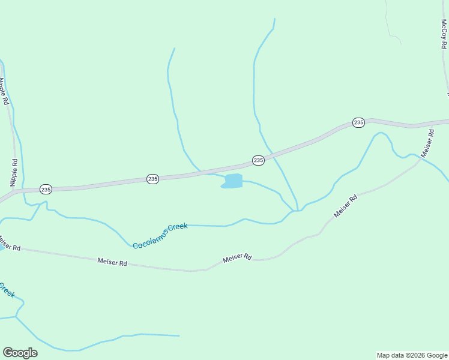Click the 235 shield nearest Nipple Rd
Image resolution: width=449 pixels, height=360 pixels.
tap(46, 189)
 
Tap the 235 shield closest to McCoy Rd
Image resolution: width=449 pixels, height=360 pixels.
tap(358, 122)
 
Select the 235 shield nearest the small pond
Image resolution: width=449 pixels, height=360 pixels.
tap(258, 160)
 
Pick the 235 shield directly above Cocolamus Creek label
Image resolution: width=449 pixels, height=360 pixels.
tap(152, 179)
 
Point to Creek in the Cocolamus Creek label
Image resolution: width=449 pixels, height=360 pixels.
tap(178, 227)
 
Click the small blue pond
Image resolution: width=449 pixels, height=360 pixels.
tap(233, 181)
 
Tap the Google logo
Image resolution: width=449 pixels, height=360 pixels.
tap(20, 353)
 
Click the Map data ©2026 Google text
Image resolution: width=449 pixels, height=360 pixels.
tap(411, 355)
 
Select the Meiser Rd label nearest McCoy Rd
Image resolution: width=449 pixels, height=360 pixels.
tap(427, 143)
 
